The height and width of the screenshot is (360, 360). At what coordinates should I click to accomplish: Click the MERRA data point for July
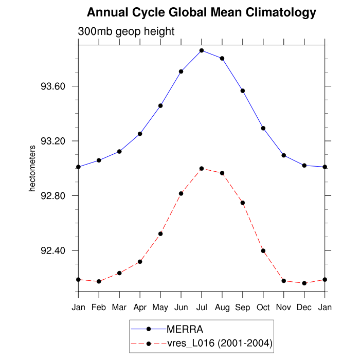[x=202, y=50]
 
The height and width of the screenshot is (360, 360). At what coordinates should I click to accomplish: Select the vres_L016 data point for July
[x=202, y=168]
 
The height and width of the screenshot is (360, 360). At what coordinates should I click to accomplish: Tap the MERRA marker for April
[x=140, y=134]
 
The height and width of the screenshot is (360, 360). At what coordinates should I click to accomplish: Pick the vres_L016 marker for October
[x=263, y=250]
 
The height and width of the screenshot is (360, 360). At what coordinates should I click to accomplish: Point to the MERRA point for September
[x=243, y=91]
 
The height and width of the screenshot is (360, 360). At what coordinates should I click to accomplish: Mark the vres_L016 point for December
[x=304, y=283]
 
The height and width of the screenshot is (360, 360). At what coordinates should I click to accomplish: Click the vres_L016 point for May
[x=160, y=233]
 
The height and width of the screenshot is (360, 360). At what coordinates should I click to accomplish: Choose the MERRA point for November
[x=284, y=155]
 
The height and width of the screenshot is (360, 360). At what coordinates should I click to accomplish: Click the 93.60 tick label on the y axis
[x=53, y=86]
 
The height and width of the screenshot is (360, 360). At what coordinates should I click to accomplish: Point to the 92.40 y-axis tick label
[x=53, y=251]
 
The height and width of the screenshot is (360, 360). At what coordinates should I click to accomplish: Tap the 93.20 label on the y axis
[x=53, y=141]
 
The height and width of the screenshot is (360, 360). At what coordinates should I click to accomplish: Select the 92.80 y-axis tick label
[x=53, y=196]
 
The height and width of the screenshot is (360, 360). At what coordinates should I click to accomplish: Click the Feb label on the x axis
[x=99, y=307]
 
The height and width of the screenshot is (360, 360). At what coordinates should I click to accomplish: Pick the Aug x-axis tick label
[x=222, y=307]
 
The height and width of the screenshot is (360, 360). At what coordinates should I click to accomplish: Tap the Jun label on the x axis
[x=181, y=307]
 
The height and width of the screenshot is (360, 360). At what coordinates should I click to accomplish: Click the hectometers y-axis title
[x=32, y=168]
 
